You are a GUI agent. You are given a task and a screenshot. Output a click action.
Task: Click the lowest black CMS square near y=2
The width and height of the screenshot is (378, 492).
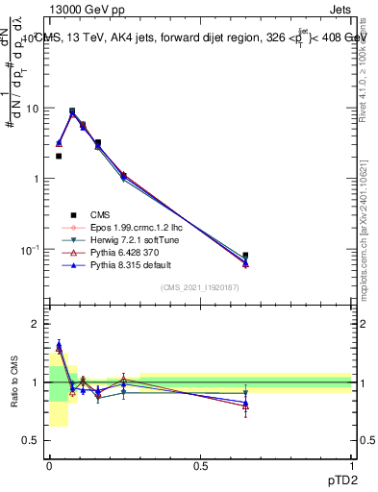tap(59, 156)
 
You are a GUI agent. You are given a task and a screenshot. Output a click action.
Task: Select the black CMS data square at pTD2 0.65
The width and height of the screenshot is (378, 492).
tap(245, 256)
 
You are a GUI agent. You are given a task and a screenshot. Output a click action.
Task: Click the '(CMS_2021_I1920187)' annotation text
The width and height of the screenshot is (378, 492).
tap(200, 287)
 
